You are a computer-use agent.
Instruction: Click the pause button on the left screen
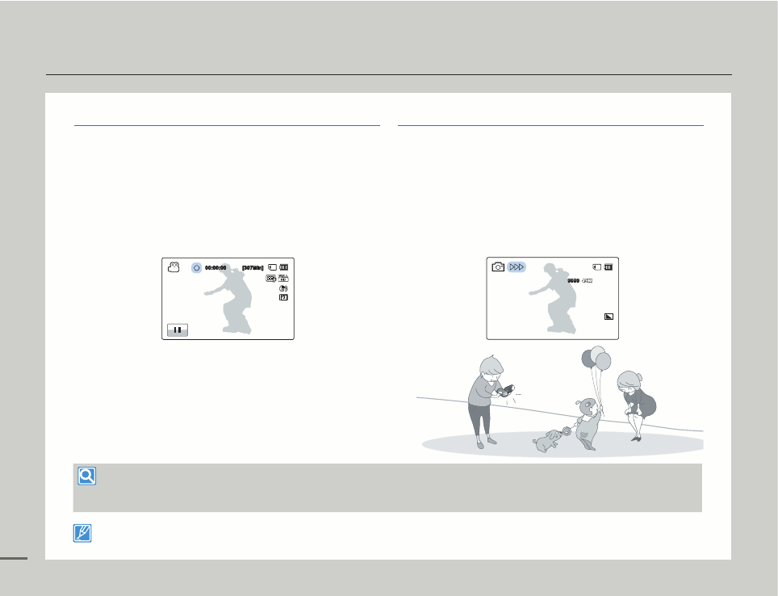pyautogui.click(x=178, y=329)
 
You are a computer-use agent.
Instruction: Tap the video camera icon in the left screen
pyautogui.click(x=173, y=267)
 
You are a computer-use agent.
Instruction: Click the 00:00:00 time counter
pyautogui.click(x=215, y=267)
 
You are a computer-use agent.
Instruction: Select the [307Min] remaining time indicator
pyautogui.click(x=253, y=267)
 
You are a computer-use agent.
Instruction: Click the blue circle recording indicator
pyautogui.click(x=196, y=267)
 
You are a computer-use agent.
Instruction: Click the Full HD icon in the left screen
pyautogui.click(x=271, y=278)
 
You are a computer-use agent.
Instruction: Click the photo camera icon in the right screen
pyautogui.click(x=498, y=267)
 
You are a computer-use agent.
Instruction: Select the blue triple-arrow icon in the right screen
pyautogui.click(x=517, y=267)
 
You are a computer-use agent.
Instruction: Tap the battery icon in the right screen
pyautogui.click(x=609, y=267)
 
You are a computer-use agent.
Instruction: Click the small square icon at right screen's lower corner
pyautogui.click(x=609, y=316)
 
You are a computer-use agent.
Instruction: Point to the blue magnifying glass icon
pyautogui.click(x=86, y=476)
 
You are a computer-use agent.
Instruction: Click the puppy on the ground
pyautogui.click(x=549, y=439)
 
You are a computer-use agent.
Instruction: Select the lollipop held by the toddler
pyautogui.click(x=567, y=432)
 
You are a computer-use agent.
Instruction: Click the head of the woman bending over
pyautogui.click(x=629, y=381)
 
